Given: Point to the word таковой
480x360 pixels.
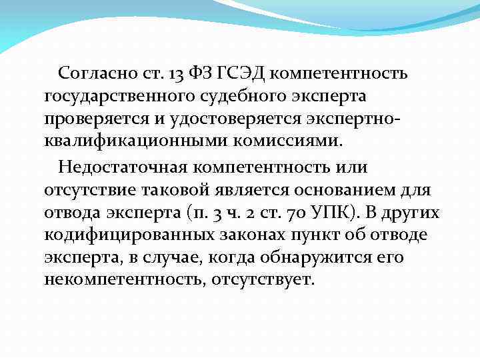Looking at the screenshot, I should point(175,190).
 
